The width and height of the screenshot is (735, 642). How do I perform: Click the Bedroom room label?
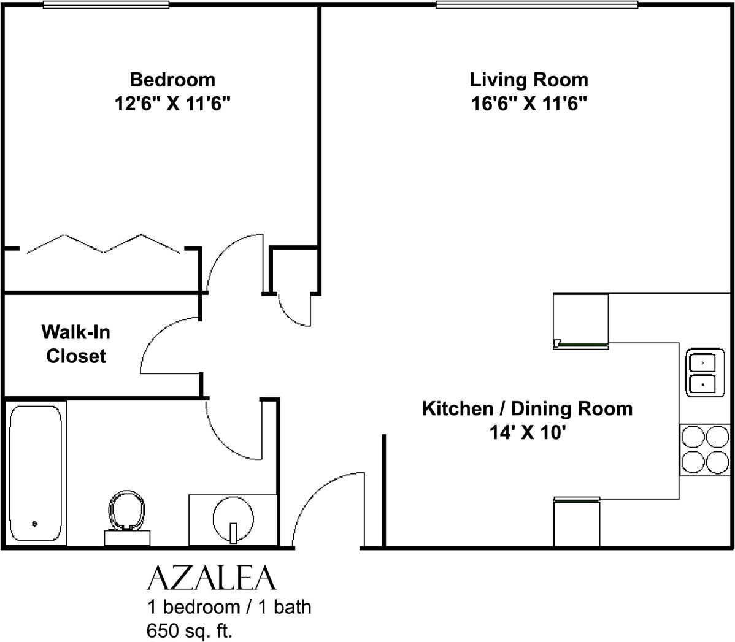[172, 80]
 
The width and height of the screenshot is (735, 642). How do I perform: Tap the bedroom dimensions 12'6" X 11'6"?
[172, 104]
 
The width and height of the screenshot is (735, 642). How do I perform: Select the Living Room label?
[528, 80]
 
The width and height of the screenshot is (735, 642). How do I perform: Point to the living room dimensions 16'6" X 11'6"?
[528, 104]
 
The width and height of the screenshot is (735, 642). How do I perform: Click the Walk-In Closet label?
[76, 344]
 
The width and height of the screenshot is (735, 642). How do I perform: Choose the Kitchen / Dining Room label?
[527, 408]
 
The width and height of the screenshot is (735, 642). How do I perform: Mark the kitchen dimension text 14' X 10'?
[527, 433]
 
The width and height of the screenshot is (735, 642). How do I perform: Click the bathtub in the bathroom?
[36, 472]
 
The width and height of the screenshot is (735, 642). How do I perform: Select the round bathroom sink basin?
[233, 517]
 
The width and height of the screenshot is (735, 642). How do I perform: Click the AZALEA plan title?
[212, 578]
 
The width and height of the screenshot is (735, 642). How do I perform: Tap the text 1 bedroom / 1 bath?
[229, 607]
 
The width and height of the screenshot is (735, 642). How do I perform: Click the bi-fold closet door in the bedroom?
[104, 244]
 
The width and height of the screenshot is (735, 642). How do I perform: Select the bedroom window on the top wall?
[106, 5]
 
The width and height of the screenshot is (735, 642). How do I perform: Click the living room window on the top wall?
[537, 5]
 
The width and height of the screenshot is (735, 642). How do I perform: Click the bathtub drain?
[34, 524]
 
